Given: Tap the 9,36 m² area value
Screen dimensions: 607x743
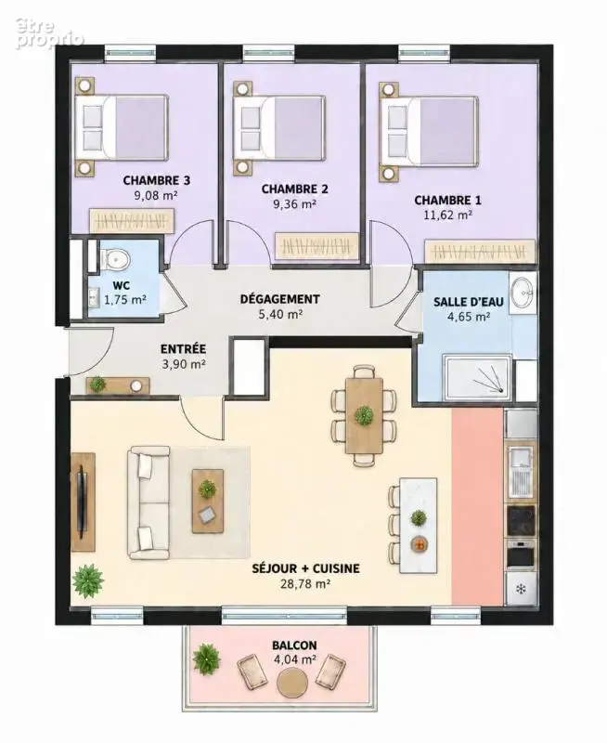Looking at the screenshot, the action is coord(294,204).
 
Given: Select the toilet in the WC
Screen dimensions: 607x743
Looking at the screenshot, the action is coord(113,260).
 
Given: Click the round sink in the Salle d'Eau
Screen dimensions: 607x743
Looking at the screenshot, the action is coord(523,293).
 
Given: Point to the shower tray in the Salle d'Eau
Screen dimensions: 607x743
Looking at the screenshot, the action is coord(477,377).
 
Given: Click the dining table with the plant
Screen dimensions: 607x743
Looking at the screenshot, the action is coord(364,415).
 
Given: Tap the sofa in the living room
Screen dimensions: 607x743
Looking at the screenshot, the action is coord(149,502).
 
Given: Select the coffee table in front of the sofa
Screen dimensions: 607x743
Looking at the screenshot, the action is coord(208,502).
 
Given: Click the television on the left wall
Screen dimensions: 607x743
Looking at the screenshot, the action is coord(83,503).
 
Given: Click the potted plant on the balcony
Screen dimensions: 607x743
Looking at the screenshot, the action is coord(206,658).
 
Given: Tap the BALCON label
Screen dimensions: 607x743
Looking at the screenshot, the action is coord(294,645).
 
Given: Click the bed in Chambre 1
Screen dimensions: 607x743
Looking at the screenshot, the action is coord(429,131).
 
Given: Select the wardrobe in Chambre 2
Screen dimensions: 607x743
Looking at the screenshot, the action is coord(316,246).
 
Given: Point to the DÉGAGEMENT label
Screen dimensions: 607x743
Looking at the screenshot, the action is coord(279,299).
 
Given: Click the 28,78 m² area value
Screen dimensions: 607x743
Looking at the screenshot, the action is coord(305,584).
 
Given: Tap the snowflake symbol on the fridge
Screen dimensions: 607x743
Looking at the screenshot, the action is coord(521,590).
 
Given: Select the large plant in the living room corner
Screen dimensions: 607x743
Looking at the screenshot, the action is coord(87,581).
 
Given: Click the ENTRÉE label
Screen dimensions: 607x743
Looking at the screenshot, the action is coord(183,349).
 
